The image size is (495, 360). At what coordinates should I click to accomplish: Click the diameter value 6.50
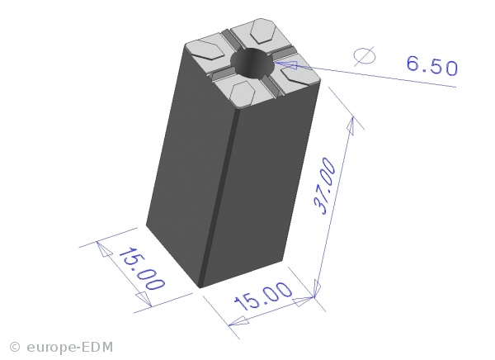[x=431, y=66]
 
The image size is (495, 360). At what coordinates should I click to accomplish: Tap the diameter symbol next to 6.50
[x=365, y=56]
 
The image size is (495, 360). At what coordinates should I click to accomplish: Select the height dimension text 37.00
[x=325, y=186]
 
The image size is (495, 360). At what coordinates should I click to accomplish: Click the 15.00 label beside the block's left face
[x=142, y=268]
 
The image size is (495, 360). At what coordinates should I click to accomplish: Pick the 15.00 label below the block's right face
[x=262, y=296]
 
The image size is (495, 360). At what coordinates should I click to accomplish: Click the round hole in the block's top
[x=252, y=63]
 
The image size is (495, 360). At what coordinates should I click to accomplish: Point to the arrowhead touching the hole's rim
[x=286, y=64]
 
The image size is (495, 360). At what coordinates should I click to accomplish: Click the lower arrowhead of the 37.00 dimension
[x=316, y=288]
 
